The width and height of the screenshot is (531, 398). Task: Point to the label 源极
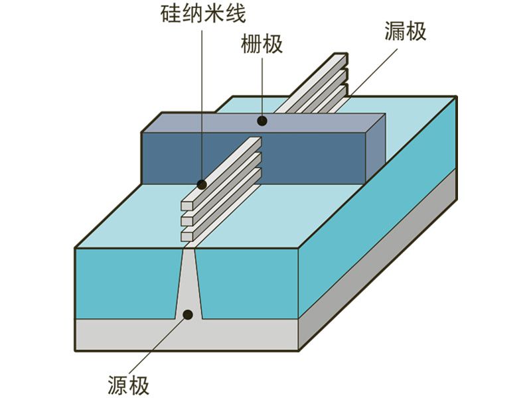point(128,385)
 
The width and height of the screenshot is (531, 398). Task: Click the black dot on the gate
point(263,121)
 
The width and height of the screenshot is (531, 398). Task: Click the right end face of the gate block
point(376,149)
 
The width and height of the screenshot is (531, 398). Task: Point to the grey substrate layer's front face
point(186,335)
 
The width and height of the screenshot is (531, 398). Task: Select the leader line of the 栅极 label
point(263,86)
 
